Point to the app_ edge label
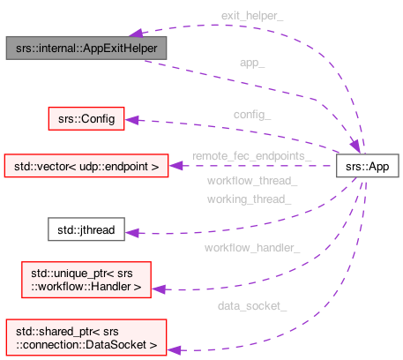pyautogui.click(x=253, y=64)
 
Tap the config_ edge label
pyautogui.click(x=252, y=114)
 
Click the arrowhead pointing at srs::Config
pyautogui.click(x=131, y=118)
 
